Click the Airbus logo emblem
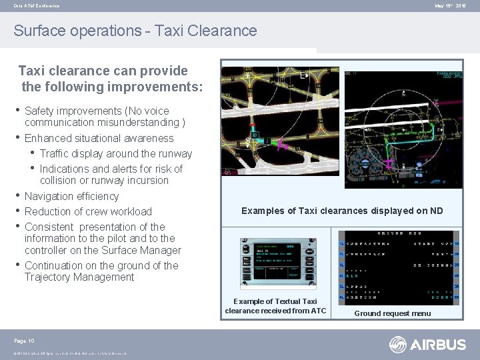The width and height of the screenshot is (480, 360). coord(398,344)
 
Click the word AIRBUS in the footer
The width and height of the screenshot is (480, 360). coord(437,344)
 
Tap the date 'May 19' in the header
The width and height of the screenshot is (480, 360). coord(443,6)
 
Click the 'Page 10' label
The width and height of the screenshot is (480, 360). coord(24,341)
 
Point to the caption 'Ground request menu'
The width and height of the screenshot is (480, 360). coord(392,313)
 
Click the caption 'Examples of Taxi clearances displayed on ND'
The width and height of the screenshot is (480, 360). coord(341,211)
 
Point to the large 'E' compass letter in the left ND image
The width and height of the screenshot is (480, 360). coord(304,76)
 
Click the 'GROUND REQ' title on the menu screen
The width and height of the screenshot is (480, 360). coord(399,234)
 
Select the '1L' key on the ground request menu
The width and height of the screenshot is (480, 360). coord(342,243)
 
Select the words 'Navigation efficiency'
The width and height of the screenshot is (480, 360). coord(71,196)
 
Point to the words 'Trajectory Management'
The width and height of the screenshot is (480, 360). coord(79,277)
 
